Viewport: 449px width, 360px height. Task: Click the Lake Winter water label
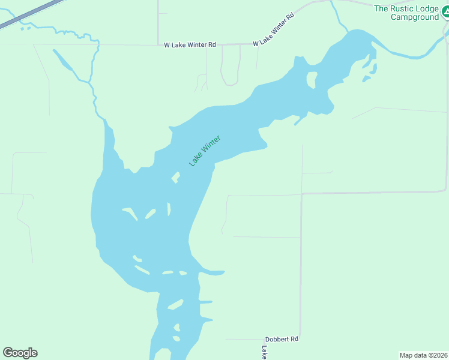[x=205, y=151]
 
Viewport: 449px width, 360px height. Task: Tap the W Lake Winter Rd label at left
[x=190, y=45]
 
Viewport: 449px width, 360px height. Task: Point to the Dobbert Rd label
[x=282, y=339]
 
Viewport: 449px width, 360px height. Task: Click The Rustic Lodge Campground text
[x=406, y=13]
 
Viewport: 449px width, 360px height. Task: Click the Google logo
[x=20, y=353]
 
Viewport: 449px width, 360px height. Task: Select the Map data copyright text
[x=423, y=355]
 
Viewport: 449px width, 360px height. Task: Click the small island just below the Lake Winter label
[x=176, y=177]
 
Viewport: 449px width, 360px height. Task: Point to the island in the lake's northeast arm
[x=312, y=79]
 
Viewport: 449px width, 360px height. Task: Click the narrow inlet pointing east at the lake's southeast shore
[x=213, y=272]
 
